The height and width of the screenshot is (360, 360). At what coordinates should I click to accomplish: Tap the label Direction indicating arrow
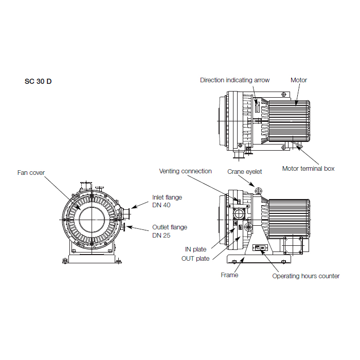tap(235, 80)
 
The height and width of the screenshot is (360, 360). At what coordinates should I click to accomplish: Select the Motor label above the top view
tap(299, 80)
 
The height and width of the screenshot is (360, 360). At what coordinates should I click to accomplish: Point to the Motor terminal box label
tap(308, 168)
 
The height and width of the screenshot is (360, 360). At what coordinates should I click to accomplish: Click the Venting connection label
tap(185, 171)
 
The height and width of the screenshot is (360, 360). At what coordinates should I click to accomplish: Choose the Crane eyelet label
tap(245, 171)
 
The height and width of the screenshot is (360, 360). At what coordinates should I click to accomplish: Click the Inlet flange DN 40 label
tap(167, 201)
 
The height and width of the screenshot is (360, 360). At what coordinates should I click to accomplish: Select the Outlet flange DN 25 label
tap(169, 231)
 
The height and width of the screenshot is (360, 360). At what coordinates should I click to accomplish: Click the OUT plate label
tap(195, 258)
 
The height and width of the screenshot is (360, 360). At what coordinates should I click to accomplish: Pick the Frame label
tap(229, 275)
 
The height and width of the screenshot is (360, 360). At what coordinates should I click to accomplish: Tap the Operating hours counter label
tap(305, 276)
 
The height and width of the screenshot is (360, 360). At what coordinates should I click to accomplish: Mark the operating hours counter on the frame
tap(259, 248)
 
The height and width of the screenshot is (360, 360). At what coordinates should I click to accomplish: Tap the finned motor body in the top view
tap(288, 120)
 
